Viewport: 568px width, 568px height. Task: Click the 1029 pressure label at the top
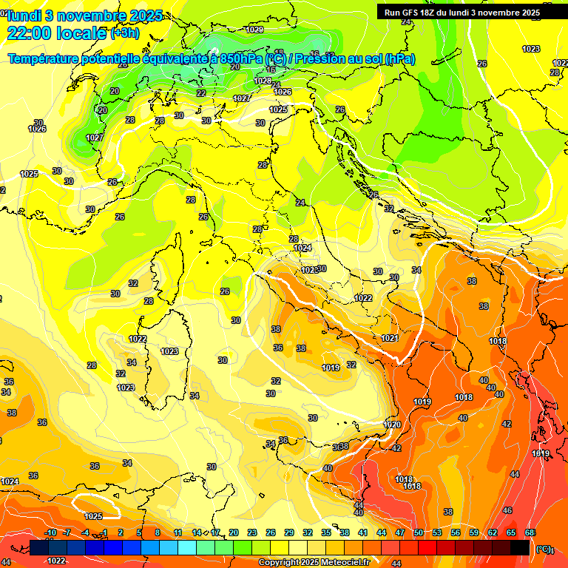click(255, 30)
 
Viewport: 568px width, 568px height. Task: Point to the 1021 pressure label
click(390, 338)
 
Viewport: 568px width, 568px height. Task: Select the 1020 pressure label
click(392, 425)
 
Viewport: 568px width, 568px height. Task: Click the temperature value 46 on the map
click(507, 510)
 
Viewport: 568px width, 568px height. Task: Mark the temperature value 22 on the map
click(201, 93)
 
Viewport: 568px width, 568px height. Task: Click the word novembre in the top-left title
click(95, 16)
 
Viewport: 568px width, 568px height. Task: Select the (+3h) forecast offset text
click(124, 33)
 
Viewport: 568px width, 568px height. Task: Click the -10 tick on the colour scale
click(50, 533)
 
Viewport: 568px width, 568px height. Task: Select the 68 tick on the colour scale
click(530, 533)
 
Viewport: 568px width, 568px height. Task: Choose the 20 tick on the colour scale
click(234, 533)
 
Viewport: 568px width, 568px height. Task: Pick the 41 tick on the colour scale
click(363, 533)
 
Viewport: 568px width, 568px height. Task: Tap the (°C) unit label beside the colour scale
click(544, 549)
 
